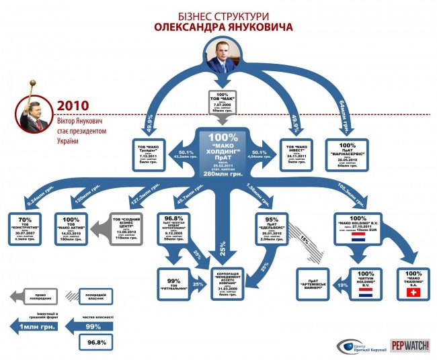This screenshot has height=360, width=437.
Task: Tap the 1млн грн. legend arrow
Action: (x=37, y=328)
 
